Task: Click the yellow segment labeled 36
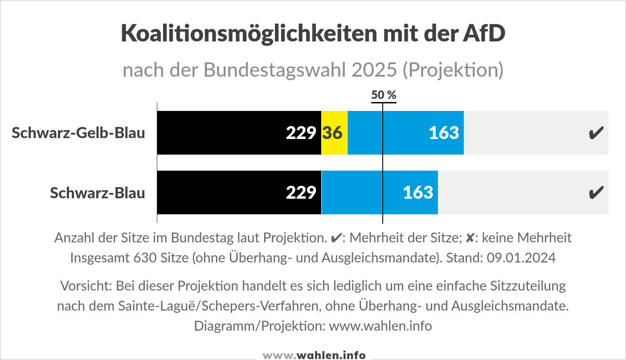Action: tap(334, 133)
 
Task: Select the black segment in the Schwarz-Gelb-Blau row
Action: tap(239, 133)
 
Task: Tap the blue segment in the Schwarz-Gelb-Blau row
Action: tap(405, 133)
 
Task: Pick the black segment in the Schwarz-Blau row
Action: tap(239, 192)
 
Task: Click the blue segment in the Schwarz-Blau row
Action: tap(380, 192)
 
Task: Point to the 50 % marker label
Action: tap(384, 95)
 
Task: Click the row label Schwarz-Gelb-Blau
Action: tap(78, 133)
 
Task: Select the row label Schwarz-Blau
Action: tap(97, 192)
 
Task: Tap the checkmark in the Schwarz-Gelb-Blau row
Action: tap(596, 133)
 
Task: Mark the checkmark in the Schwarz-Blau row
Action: tap(596, 192)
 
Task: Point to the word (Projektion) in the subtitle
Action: tap(453, 70)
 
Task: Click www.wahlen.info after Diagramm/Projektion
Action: tap(381, 326)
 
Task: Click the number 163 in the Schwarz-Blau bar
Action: tap(418, 192)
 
